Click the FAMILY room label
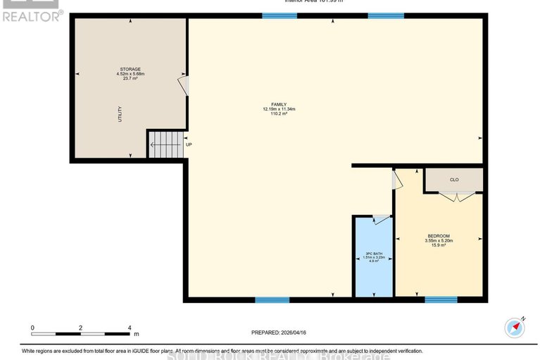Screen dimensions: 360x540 point(279,104)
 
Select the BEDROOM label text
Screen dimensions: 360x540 point(439,235)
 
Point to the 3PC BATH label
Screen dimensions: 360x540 point(373,253)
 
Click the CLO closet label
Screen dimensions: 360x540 point(454,180)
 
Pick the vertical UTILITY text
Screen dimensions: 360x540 point(120,115)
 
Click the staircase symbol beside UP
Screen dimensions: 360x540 point(165,145)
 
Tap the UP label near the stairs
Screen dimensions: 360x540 point(189,145)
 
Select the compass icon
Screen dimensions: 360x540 point(515,328)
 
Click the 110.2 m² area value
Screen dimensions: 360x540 point(279,114)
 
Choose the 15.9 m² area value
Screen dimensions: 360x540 point(439,245)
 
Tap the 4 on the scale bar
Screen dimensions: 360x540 point(130,328)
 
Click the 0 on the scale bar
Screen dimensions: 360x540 point(32,328)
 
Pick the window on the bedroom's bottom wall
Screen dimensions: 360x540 point(441,299)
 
